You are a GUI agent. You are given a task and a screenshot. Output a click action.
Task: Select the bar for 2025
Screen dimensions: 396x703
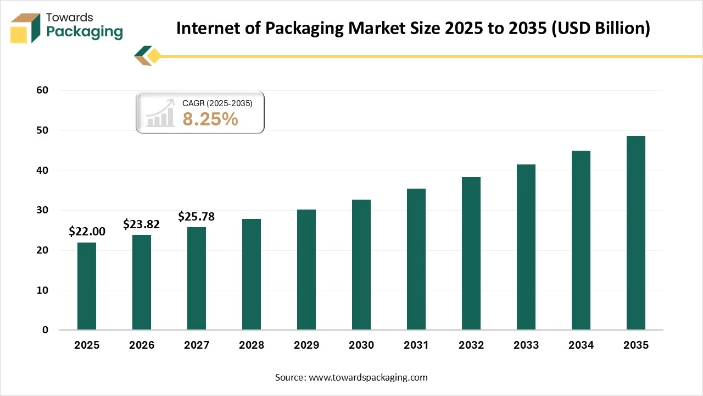pyautogui.click(x=87, y=286)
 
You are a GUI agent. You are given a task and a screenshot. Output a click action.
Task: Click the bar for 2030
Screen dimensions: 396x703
pyautogui.click(x=361, y=265)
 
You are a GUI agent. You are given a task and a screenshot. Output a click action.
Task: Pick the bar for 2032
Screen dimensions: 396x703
pyautogui.click(x=471, y=253)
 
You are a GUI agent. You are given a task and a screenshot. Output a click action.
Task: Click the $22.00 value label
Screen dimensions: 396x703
pyautogui.click(x=87, y=232)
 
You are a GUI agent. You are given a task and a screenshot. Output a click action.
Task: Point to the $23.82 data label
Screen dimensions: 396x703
pyautogui.click(x=142, y=224)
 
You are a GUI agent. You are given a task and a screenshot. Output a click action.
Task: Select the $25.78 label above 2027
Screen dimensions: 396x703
pyautogui.click(x=196, y=217)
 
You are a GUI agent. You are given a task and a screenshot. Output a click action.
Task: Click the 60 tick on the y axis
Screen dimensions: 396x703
pyautogui.click(x=43, y=90)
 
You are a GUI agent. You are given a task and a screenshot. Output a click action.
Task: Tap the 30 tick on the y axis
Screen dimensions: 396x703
pyautogui.click(x=43, y=210)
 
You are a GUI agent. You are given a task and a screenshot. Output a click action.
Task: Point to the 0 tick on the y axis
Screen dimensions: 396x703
pyautogui.click(x=46, y=330)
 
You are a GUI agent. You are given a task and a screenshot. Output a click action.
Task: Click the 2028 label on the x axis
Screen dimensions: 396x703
pyautogui.click(x=252, y=345)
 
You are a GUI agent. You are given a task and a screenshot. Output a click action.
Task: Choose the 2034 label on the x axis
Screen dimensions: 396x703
pyautogui.click(x=581, y=345)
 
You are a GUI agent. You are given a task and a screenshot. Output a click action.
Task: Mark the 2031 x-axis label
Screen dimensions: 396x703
pyautogui.click(x=416, y=345)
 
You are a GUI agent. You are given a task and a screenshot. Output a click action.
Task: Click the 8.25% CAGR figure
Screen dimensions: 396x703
pyautogui.click(x=210, y=119)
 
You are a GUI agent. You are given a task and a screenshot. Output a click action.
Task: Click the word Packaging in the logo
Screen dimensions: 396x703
pyautogui.click(x=85, y=32)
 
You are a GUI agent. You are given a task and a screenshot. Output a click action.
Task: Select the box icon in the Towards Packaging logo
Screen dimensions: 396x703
pyautogui.click(x=25, y=28)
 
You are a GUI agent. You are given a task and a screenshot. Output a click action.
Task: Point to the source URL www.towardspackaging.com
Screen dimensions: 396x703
pyautogui.click(x=368, y=377)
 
